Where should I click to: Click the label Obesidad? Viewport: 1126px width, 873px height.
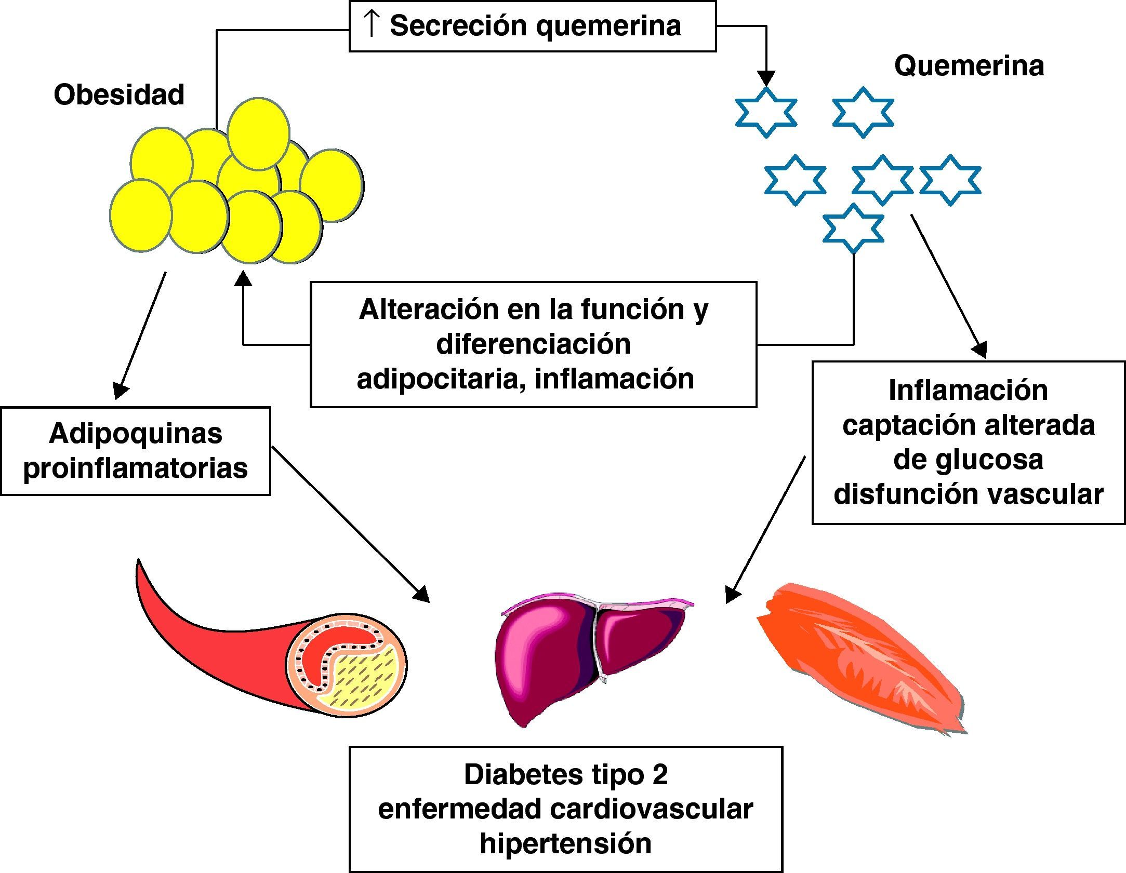pyautogui.click(x=119, y=95)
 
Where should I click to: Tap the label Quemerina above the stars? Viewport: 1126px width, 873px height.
pyautogui.click(x=969, y=66)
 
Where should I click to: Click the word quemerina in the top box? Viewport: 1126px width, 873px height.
pyautogui.click(x=608, y=26)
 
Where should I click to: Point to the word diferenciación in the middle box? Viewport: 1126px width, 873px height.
pyautogui.click(x=533, y=344)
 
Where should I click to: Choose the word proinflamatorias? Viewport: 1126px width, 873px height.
pyautogui.click(x=136, y=468)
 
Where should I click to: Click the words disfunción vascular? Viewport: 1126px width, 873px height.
pyautogui.click(x=968, y=494)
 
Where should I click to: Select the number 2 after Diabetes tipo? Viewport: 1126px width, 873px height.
pyautogui.click(x=660, y=774)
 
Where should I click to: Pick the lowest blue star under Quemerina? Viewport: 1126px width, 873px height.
pyautogui.click(x=853, y=229)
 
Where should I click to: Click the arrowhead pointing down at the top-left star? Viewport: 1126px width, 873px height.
pyautogui.click(x=766, y=78)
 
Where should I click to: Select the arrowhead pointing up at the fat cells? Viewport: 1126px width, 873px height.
pyautogui.click(x=243, y=279)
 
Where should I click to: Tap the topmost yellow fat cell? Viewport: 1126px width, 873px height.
pyautogui.click(x=258, y=134)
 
